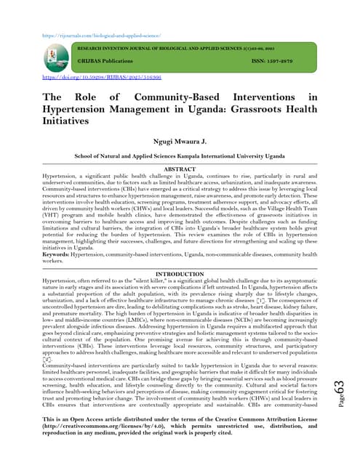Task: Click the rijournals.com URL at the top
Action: point(101,35)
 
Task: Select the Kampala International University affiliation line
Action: point(180,155)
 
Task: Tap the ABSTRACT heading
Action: point(180,169)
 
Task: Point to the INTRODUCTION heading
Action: point(180,274)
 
